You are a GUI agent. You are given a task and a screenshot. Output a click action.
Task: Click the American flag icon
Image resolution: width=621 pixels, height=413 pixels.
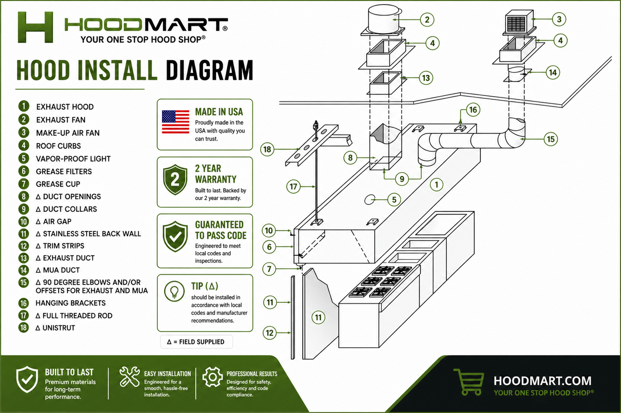(176, 122)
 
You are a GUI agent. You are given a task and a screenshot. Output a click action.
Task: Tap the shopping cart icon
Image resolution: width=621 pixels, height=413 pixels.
(469, 381)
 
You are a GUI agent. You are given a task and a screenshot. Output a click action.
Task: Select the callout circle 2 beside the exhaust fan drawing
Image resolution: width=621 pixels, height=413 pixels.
(427, 20)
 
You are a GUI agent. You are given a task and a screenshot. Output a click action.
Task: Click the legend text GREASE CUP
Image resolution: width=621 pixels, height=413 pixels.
(58, 184)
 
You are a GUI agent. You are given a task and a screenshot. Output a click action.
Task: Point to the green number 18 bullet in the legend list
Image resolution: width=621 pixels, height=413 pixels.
(23, 328)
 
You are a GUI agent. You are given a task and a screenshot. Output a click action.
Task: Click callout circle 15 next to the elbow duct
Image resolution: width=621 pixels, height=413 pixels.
(550, 139)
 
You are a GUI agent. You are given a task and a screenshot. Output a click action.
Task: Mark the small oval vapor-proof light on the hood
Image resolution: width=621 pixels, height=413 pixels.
(370, 200)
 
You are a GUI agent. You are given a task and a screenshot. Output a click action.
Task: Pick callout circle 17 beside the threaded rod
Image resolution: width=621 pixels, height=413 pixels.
(293, 187)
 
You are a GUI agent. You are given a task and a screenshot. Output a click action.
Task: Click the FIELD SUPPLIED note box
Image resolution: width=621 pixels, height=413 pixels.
(196, 341)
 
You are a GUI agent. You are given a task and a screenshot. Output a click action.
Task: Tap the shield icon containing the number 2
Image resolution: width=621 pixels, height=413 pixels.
(175, 179)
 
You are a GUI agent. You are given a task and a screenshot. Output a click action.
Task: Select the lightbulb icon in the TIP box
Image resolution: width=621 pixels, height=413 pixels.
(174, 291)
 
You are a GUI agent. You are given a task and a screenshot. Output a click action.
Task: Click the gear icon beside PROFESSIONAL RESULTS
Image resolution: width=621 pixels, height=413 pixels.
(212, 377)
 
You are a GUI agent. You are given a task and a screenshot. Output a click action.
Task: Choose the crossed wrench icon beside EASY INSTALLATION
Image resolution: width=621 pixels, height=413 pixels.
(130, 377)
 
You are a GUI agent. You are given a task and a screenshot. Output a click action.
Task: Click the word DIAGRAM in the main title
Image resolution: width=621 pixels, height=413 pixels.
(209, 70)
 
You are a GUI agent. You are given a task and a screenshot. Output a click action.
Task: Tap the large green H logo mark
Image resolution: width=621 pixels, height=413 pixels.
(35, 27)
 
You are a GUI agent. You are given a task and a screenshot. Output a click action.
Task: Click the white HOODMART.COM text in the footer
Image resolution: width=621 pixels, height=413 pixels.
(543, 381)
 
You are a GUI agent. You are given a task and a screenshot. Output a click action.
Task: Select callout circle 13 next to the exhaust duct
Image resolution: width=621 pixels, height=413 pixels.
(426, 78)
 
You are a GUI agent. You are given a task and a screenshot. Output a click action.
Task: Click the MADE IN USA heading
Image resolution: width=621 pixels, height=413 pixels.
(219, 112)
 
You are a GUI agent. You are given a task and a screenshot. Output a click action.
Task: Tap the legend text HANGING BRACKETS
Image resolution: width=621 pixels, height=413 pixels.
(71, 303)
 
